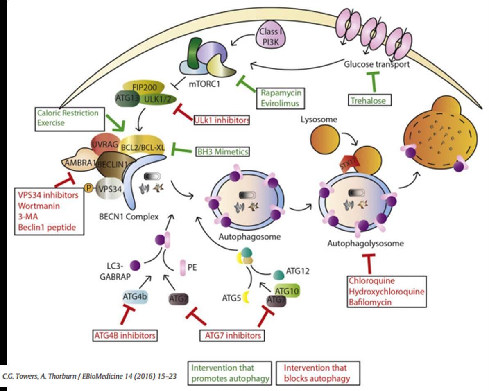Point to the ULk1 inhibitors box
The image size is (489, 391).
[x=221, y=120]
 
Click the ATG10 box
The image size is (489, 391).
[x=287, y=291]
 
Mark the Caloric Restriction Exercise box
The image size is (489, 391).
[x=68, y=117]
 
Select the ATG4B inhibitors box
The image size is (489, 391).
[x=125, y=335]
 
